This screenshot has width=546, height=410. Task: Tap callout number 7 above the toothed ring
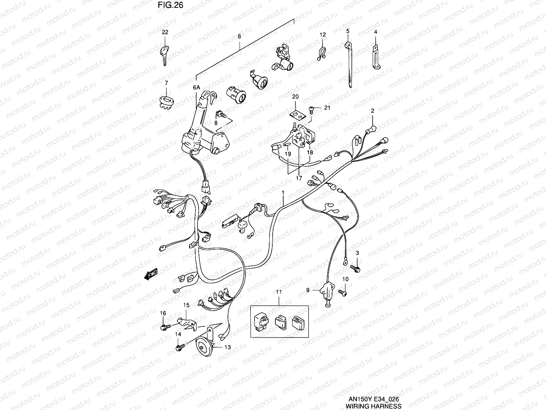click(166, 83)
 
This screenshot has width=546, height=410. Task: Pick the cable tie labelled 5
click(349, 65)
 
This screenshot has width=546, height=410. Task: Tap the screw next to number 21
click(312, 109)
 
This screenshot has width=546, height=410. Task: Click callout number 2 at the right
click(372, 111)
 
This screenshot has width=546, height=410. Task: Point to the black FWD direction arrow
click(150, 274)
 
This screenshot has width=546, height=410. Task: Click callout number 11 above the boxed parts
click(279, 292)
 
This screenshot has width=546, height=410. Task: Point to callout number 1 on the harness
click(283, 193)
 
